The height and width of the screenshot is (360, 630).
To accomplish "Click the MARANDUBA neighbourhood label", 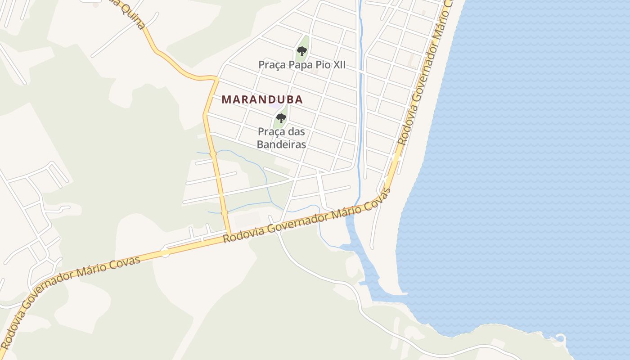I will pyautogui.click(x=262, y=99).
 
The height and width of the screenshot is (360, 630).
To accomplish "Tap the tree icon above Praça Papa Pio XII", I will pyautogui.click(x=302, y=51).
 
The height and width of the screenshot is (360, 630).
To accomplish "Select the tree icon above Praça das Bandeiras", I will pyautogui.click(x=281, y=118).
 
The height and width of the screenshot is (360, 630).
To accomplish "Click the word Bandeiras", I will pyautogui.click(x=281, y=144).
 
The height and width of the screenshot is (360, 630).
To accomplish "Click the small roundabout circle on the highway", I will pyautogui.click(x=165, y=253).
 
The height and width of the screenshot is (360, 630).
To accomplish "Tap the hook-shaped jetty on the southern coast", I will pyautogui.click(x=560, y=337).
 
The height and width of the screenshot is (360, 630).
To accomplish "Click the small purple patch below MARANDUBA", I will pyautogui.click(x=274, y=106).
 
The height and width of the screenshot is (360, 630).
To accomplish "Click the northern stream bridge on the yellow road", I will pyautogui.click(x=213, y=154).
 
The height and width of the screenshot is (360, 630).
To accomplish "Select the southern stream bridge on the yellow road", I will pyautogui.click(x=225, y=212).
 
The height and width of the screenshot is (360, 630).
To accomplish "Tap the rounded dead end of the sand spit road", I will pyautogui.click(x=372, y=247).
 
